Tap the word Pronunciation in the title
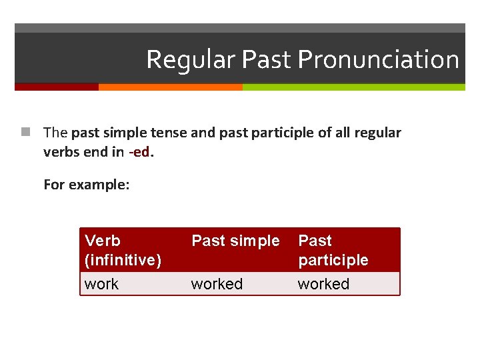click(x=378, y=60)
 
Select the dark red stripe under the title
click(x=57, y=87)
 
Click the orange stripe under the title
click(x=170, y=87)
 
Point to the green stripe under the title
click(x=353, y=87)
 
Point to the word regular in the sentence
click(x=377, y=133)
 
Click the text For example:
click(x=86, y=184)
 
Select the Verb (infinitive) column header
click(x=123, y=250)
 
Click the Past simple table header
click(x=235, y=241)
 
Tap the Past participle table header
click(x=333, y=250)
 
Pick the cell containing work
click(x=101, y=284)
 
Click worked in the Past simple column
click(x=217, y=284)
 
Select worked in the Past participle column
click(x=323, y=284)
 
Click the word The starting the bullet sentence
click(x=55, y=133)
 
